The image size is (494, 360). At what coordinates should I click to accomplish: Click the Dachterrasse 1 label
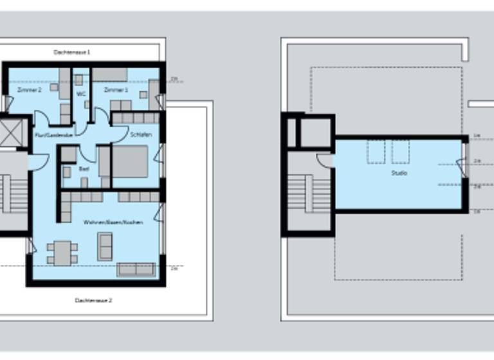click(x=71, y=51)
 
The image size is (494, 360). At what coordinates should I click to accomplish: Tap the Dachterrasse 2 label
click(x=93, y=300)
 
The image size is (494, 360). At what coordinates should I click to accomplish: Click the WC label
click(x=81, y=94)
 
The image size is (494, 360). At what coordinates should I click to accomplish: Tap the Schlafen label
click(x=140, y=135)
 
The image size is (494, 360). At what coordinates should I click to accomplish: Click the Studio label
click(x=399, y=173)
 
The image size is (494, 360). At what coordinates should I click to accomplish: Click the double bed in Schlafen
click(x=131, y=161)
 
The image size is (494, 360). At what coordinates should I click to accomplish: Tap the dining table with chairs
click(x=62, y=253)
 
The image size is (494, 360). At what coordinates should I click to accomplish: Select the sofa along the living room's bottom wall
click(x=136, y=269)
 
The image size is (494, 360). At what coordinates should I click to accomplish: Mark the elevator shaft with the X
click(x=11, y=133)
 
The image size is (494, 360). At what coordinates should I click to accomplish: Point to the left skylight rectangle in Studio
click(x=375, y=152)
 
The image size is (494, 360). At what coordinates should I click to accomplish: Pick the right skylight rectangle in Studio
click(x=400, y=152)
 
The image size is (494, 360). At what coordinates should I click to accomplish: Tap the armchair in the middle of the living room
click(x=105, y=246)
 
